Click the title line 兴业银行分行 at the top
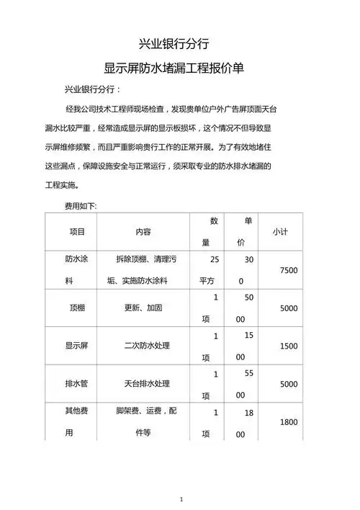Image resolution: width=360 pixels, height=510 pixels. tap(174, 43)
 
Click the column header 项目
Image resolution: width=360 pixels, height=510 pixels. tap(77, 232)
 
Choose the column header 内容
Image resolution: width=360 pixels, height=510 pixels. tap(143, 232)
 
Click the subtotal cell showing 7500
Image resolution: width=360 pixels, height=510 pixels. tap(288, 269)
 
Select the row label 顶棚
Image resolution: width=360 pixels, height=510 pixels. tap(77, 308)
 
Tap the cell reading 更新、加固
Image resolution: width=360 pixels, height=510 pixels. tap(143, 308)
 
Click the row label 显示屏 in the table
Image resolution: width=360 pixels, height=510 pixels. tap(76, 346)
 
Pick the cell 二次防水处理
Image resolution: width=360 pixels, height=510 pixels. tap(147, 346)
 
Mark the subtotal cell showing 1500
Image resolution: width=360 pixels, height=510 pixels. tap(288, 346)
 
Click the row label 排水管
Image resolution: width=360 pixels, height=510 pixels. tap(76, 384)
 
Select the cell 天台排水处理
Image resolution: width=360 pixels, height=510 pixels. tap(147, 384)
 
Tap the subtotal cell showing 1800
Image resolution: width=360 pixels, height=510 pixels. tap(288, 422)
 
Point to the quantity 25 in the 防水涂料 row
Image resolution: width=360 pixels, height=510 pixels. tap(215, 258)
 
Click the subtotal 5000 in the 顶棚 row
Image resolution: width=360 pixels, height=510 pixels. tap(288, 308)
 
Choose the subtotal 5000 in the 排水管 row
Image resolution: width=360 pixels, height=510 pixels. tap(288, 384)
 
